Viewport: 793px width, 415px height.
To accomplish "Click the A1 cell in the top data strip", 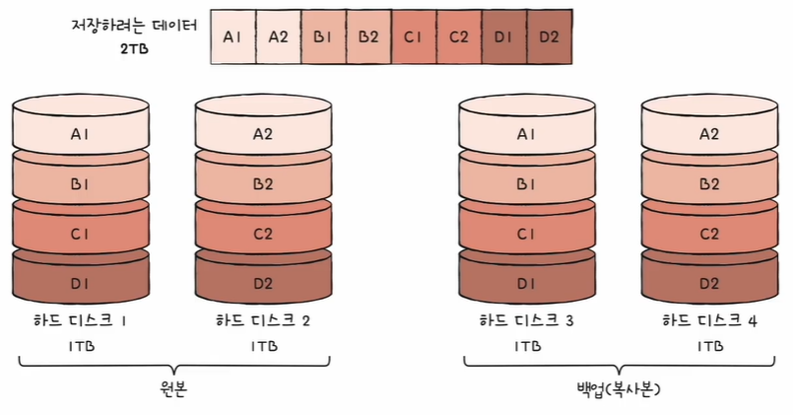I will coord(232,37).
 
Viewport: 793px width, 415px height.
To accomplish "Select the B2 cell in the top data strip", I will coord(368,37).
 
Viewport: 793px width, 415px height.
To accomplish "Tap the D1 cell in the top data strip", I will coord(504,37).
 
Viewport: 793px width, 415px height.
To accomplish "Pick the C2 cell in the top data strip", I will coord(458,37).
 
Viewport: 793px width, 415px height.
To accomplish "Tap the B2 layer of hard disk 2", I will coord(263,183).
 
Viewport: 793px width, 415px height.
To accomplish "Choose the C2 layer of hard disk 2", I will coord(263,235).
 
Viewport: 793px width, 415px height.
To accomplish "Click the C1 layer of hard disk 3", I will coord(527,235).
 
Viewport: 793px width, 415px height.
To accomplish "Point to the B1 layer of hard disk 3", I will coord(527,183).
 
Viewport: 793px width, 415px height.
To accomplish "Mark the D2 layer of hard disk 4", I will coord(708,284).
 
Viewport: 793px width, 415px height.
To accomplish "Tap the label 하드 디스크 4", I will coord(709,321).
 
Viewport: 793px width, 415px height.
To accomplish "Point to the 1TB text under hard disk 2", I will coord(263,347).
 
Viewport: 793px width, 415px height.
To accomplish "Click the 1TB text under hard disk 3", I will coord(527,347).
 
